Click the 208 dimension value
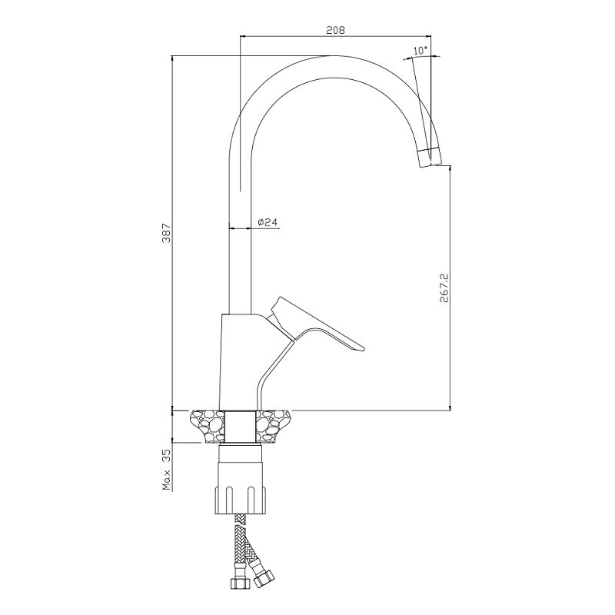coord(335,30)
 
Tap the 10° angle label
coord(420,50)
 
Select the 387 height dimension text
coord(166,233)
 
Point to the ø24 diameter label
coord(268,222)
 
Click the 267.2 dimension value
coord(444,288)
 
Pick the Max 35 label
coord(167,470)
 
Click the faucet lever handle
coord(316,324)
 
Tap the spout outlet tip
coord(431,158)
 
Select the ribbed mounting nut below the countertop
coord(241,500)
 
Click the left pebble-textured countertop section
coord(207,427)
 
